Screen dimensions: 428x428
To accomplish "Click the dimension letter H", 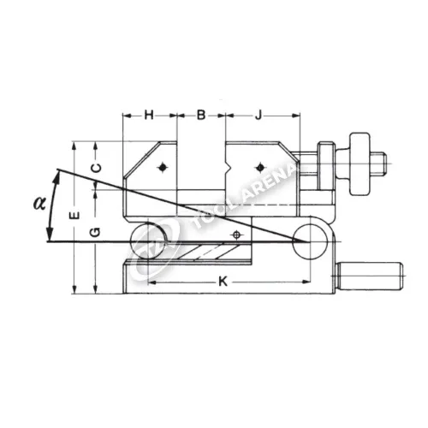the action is tap(149, 116).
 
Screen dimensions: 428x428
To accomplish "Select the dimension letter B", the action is tap(201, 116).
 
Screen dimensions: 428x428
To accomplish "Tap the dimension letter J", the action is tap(259, 116).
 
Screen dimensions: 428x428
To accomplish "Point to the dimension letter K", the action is tap(223, 282).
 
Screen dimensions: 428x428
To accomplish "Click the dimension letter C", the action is tap(97, 168).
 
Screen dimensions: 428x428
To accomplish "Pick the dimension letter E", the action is tap(74, 216).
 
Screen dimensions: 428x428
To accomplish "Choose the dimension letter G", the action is tap(96, 232).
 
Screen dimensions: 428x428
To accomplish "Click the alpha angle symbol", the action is tap(39, 204).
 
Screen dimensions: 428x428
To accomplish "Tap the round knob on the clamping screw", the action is tap(360, 164).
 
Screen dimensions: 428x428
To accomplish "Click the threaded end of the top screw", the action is tap(378, 164).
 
